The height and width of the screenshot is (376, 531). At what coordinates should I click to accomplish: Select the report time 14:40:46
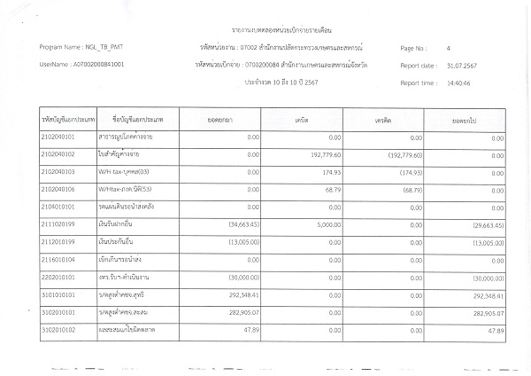[461, 82]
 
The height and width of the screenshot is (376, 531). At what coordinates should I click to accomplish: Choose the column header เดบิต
[303, 118]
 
